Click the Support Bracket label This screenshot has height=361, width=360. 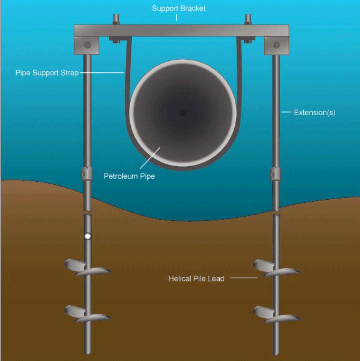click(179, 9)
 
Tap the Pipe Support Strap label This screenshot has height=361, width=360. click(47, 73)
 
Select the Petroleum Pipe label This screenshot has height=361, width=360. click(129, 176)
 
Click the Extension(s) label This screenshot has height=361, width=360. click(315, 113)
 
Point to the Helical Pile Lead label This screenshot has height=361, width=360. click(196, 279)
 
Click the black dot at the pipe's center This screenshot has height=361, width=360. click(182, 113)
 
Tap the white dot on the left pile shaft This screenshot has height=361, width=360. click(88, 237)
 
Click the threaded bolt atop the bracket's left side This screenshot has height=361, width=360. click(116, 19)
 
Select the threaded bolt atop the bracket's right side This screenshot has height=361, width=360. click(249, 19)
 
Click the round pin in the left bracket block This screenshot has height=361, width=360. click(87, 45)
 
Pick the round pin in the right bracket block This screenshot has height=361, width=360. click(277, 45)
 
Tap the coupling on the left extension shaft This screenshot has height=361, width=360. click(87, 174)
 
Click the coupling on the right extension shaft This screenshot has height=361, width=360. click(275, 174)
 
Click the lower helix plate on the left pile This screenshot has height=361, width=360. click(88, 314)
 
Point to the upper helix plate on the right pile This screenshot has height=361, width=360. click(277, 268)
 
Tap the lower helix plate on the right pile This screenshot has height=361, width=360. click(277, 314)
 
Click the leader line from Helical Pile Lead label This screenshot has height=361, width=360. click(244, 278)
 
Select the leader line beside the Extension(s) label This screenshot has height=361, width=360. click(286, 112)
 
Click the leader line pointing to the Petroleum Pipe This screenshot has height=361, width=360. click(150, 158)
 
